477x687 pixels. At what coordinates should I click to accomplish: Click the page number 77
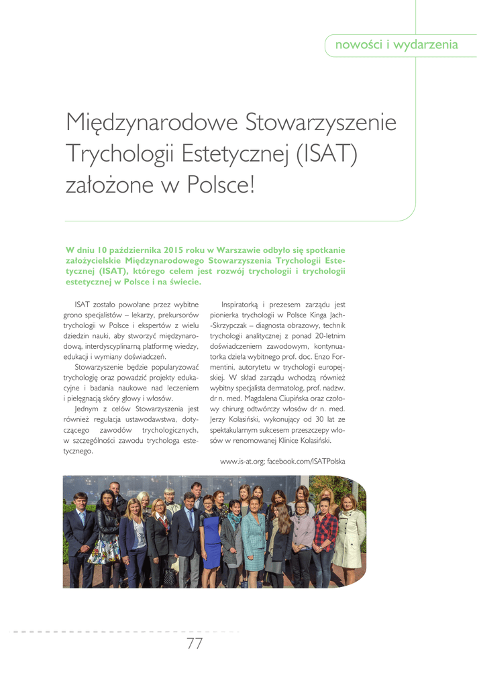pyautogui.click(x=195, y=644)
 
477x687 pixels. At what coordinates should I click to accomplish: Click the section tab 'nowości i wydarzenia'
pyautogui.click(x=401, y=45)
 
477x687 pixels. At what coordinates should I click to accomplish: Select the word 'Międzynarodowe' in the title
pyautogui.click(x=151, y=123)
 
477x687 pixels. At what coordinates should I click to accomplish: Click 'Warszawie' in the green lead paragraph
pyautogui.click(x=227, y=250)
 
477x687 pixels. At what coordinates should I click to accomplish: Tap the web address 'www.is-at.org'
pyautogui.click(x=242, y=462)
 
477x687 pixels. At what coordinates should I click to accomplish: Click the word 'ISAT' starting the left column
pyautogui.click(x=83, y=305)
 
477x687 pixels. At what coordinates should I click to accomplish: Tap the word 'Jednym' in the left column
pyautogui.click(x=87, y=408)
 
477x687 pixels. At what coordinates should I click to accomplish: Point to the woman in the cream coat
pyautogui.click(x=349, y=533)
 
